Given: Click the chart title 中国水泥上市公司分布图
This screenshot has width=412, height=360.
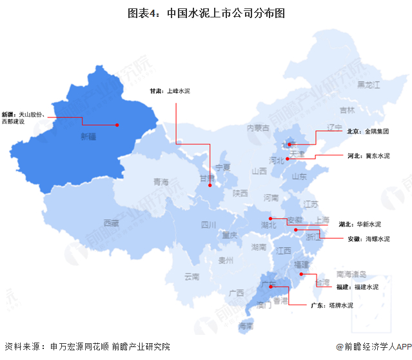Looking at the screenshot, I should click(206, 12).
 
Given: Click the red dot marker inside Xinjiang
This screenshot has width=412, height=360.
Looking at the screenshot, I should click(117, 125).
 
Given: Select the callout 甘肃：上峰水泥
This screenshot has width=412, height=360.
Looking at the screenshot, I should click(170, 91).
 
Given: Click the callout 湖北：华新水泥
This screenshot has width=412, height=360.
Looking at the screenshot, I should click(360, 224).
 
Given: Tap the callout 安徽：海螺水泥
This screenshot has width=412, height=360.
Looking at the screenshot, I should click(369, 239).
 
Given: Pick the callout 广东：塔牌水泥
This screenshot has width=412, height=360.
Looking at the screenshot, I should click(332, 305).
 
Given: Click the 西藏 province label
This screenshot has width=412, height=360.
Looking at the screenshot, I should click(111, 223).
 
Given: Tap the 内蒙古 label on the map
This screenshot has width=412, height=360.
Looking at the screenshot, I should click(258, 128).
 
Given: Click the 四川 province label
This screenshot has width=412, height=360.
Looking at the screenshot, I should click(208, 225).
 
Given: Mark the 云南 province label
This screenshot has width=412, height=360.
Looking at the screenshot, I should click(191, 276).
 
